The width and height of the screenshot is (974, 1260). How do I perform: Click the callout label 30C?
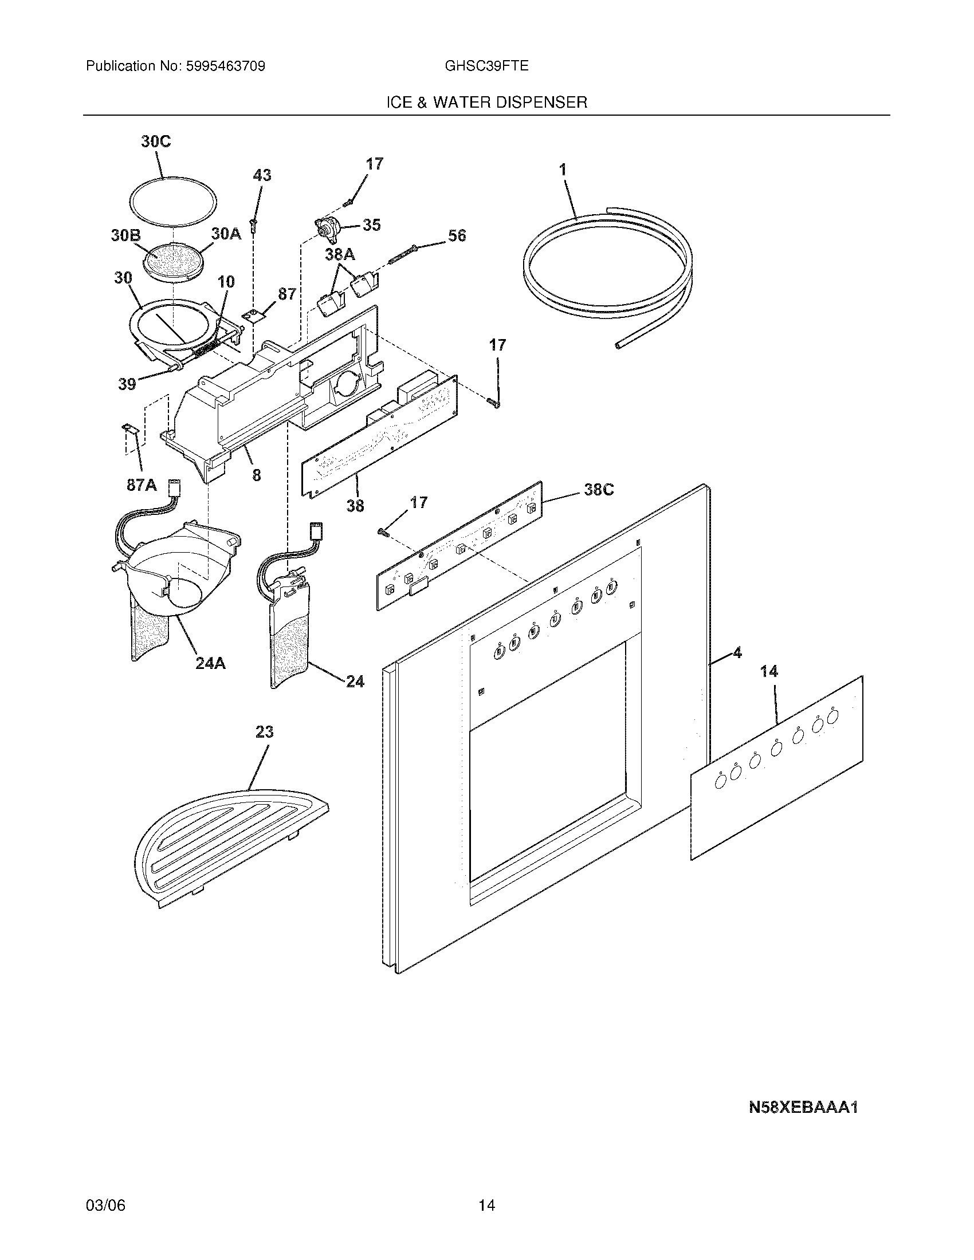pos(156,142)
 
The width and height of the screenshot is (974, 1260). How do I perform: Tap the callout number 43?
pos(262,175)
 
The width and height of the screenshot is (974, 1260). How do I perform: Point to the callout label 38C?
pos(598,490)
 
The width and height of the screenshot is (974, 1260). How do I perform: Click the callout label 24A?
pos(210,663)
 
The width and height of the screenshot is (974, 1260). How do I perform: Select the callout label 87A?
pos(142,485)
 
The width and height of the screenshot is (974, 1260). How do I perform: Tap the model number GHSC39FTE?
pos(486,66)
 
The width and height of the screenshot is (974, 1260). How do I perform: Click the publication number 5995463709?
pos(225,66)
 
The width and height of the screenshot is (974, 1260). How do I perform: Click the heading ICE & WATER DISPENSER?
pos(486,103)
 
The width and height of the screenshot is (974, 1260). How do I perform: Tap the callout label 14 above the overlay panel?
pos(768,672)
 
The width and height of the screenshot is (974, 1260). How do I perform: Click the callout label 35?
pos(371,225)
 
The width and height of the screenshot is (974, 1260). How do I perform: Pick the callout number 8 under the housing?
pos(256,475)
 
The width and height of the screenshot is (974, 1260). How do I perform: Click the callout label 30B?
pos(126,235)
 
